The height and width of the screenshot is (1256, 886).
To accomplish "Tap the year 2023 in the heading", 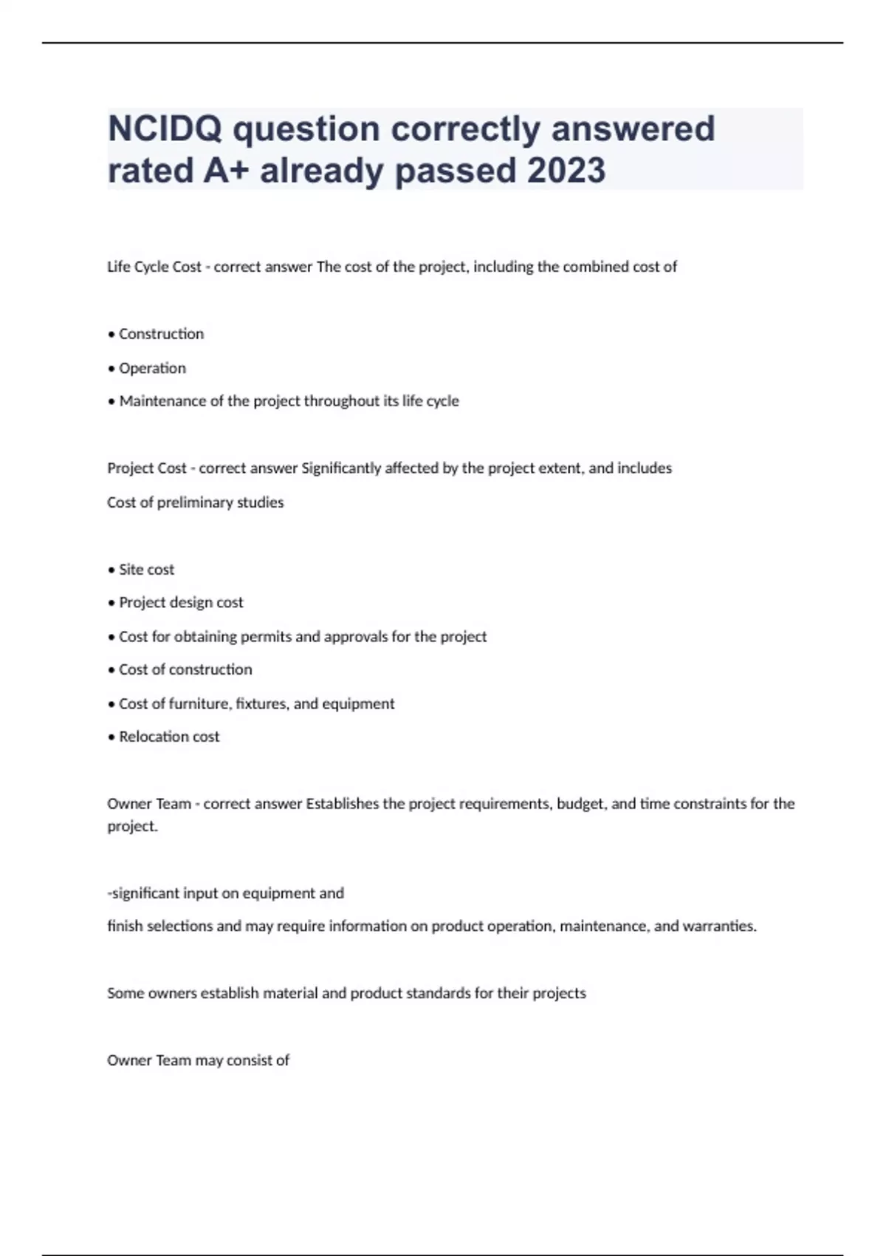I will (x=566, y=170).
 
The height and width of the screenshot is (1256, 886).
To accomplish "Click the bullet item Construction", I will (x=161, y=334).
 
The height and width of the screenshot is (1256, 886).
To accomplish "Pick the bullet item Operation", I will (x=152, y=368).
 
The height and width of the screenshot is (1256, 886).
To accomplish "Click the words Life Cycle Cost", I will (x=154, y=267).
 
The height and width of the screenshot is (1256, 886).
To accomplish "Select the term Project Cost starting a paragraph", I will (x=147, y=468).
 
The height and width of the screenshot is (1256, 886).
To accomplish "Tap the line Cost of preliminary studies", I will (x=196, y=502).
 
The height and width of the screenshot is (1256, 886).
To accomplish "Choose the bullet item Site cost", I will (x=146, y=570).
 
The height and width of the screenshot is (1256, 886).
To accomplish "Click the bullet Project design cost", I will (x=181, y=603).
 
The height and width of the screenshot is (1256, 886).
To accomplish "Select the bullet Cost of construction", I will (x=185, y=669).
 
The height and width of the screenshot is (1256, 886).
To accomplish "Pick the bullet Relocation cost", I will (x=169, y=737).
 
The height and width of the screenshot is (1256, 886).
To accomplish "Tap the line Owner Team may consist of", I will (x=198, y=1061).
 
